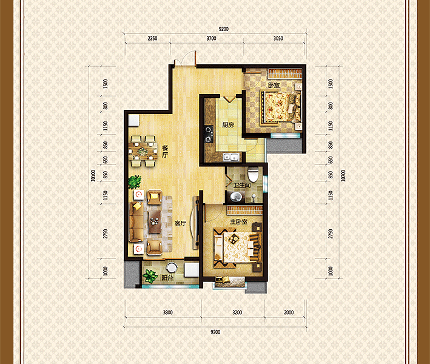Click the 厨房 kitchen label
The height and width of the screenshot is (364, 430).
point(228,125)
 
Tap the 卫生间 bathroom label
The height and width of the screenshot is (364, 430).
point(242,185)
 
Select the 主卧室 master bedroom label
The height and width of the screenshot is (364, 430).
point(238,221)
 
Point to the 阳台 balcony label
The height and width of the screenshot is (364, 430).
point(167,278)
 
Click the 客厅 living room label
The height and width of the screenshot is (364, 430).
point(180,224)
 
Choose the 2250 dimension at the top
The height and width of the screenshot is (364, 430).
point(152,38)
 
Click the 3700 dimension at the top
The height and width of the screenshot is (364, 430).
point(212,38)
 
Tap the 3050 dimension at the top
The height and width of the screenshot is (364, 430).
point(278,38)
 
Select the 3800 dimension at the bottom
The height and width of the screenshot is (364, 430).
point(167,312)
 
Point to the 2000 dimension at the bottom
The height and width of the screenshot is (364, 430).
point(289,312)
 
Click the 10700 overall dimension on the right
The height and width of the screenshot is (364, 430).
point(343,175)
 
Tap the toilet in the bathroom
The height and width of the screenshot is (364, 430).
point(253,174)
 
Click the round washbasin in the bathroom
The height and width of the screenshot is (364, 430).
point(236,197)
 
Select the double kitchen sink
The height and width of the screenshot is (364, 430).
point(231,157)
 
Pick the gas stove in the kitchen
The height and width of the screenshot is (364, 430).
point(209,134)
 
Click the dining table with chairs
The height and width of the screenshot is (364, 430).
point(143,151)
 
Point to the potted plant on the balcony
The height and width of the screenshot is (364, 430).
point(150,276)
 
